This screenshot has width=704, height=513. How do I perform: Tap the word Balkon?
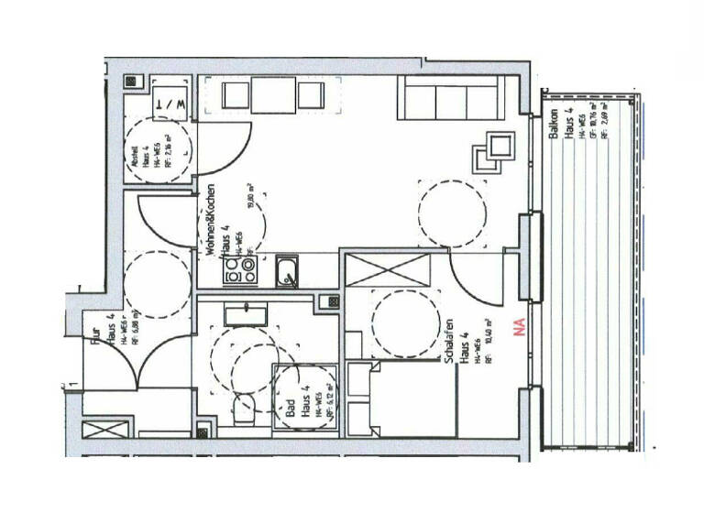555,123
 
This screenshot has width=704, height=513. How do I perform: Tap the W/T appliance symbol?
172,104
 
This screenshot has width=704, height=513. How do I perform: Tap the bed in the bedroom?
413,399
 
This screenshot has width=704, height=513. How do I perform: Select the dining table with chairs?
270,95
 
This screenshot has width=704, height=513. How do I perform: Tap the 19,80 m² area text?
249,197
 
